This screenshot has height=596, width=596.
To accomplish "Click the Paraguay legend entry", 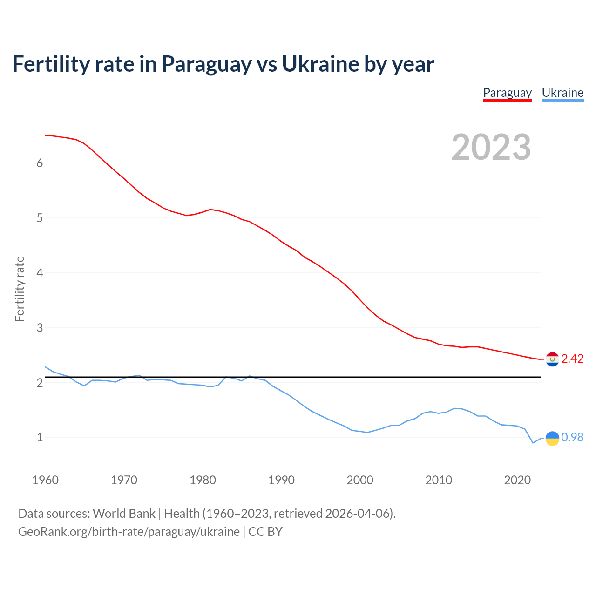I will pos(507,93).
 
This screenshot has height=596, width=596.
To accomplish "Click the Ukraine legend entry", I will pos(562,93).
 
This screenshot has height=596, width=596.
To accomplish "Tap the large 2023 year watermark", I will pos(491,147).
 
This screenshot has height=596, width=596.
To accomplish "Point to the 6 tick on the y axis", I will pos(40,163).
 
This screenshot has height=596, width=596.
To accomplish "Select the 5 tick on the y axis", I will pos(40,218).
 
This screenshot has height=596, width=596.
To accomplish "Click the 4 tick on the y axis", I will pos(40,273).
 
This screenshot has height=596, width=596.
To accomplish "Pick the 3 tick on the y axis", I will pos(40,328).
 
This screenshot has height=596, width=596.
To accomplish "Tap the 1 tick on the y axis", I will pos(40,438).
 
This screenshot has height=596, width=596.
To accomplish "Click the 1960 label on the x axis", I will pos(45,480).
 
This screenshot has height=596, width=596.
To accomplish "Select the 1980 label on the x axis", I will pos(203,480).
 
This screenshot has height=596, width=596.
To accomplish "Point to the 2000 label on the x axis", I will pos(360,480).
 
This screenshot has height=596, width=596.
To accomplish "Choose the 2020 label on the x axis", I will pos(517,480).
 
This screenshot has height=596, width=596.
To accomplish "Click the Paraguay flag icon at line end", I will pos(552,359).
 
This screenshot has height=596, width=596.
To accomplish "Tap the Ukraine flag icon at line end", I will pos(552,438).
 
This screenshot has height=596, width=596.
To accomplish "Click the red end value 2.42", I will pos(572,359).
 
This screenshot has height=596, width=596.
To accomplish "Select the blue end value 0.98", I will pos(572,437).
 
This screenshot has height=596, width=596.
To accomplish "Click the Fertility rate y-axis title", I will pos(20,289).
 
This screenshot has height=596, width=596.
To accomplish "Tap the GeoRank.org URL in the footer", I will pos(129,531).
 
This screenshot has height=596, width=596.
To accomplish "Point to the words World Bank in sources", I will pos(124,513).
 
